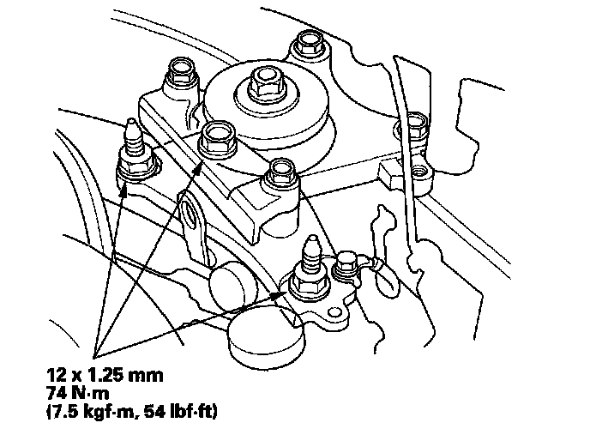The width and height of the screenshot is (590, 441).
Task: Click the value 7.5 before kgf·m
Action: click(x=63, y=411)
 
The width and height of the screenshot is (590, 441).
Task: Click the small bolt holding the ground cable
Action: click(x=343, y=263)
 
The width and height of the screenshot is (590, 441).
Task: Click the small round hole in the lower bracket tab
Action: click(x=334, y=312)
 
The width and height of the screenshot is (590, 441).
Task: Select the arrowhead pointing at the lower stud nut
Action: click(x=280, y=293)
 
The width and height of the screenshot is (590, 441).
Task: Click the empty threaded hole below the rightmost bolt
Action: click(x=418, y=172)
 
